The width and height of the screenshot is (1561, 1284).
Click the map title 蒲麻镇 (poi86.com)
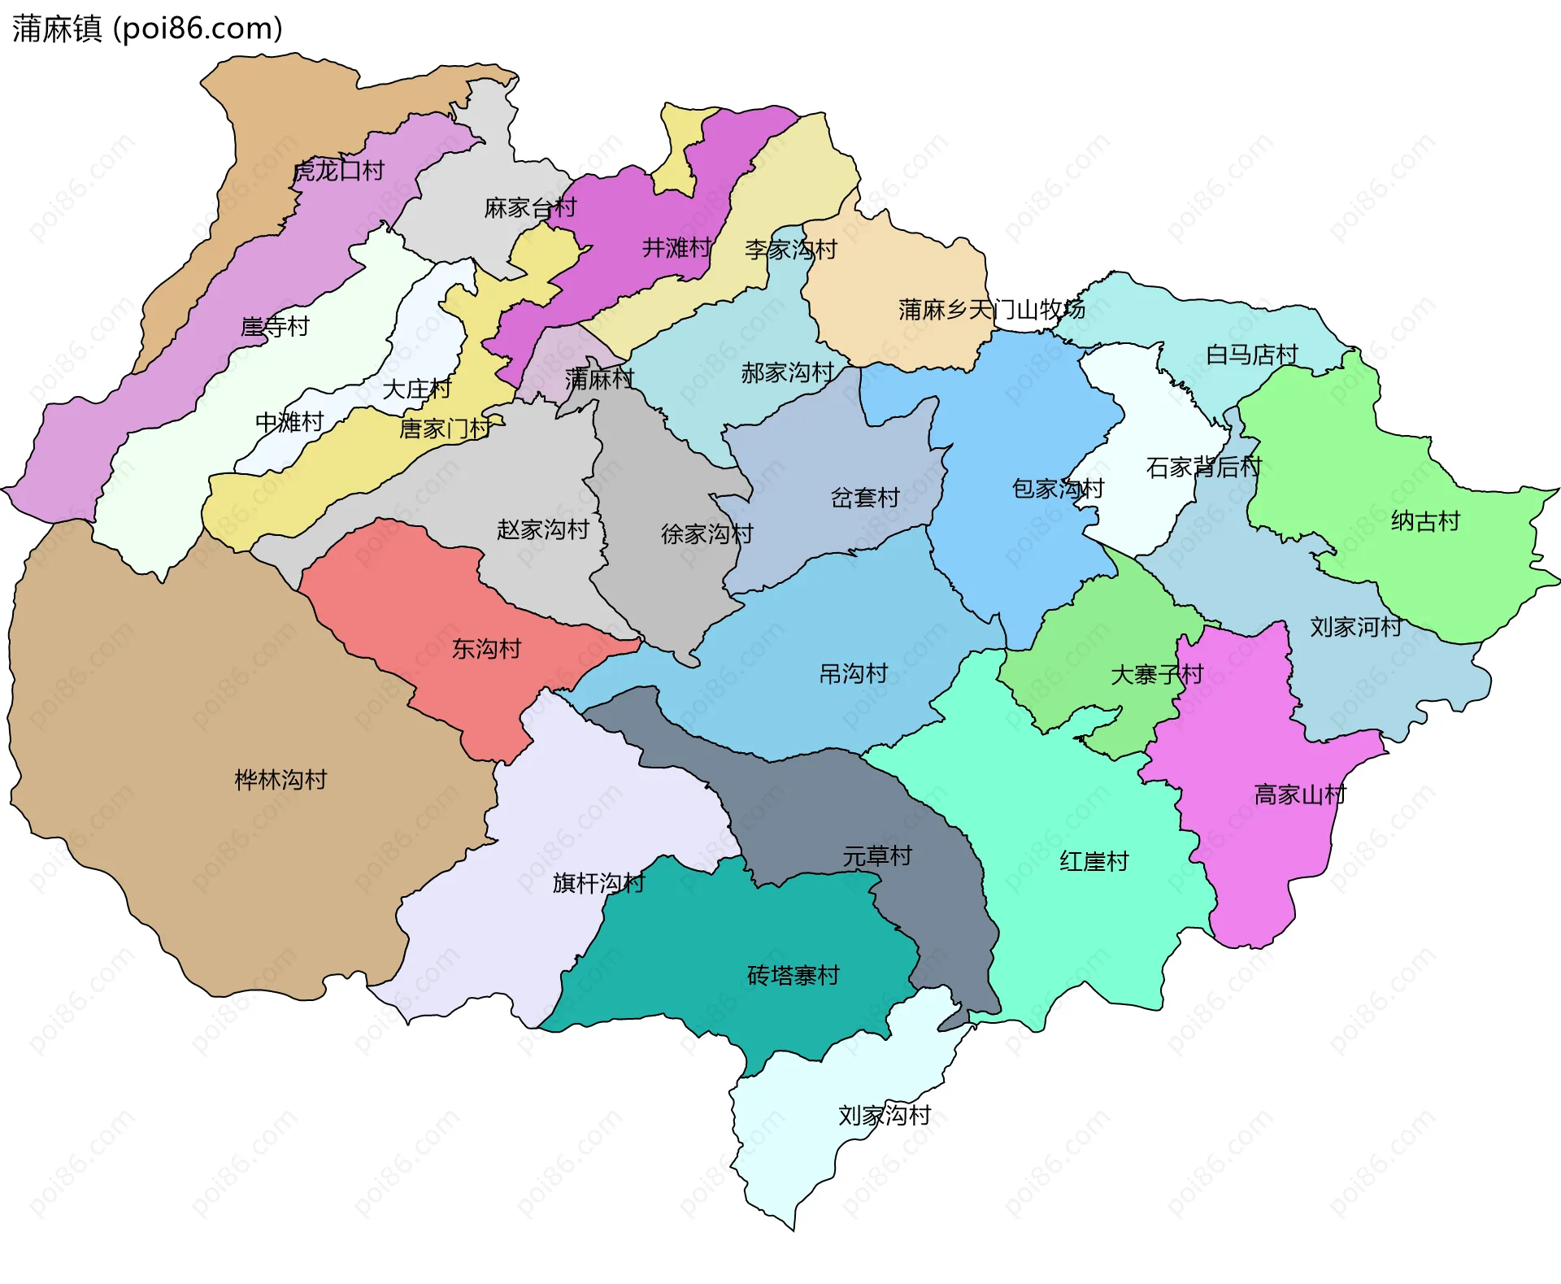point(147,28)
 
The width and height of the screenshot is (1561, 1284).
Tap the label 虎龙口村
point(338,171)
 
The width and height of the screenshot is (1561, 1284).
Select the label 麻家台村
point(530,208)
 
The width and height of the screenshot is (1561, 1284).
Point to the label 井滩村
point(676,247)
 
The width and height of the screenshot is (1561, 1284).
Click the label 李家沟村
point(790,250)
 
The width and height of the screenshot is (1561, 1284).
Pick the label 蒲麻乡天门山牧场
point(991,310)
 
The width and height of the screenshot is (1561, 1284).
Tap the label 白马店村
point(1251,355)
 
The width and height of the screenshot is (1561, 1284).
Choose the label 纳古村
point(1425,521)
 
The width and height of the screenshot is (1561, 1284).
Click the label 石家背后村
point(1203,468)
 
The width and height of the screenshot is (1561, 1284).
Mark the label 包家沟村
point(1057,489)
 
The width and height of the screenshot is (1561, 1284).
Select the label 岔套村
point(865,498)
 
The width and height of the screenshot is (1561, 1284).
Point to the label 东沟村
point(486,649)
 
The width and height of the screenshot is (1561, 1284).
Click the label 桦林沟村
point(280,780)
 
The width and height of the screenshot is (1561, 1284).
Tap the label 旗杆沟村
point(598,883)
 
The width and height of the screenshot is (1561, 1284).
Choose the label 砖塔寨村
point(793,975)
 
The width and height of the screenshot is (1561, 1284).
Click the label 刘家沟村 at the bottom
point(884,1115)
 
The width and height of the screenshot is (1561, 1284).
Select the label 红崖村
point(1094,861)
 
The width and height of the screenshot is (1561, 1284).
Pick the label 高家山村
point(1299,794)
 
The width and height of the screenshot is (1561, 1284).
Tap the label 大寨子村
point(1156,675)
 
